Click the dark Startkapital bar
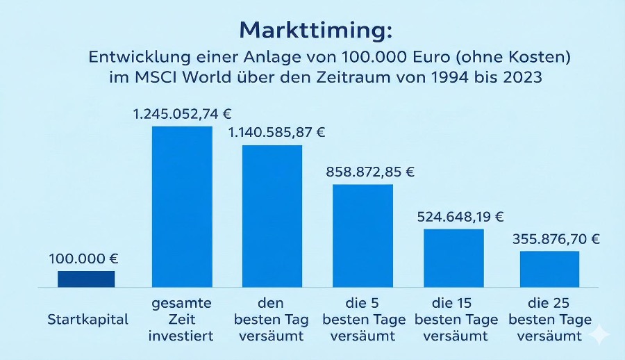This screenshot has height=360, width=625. click(x=86, y=279)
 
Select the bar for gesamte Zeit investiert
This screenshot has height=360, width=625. click(x=182, y=206)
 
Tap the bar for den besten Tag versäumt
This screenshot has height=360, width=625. click(x=272, y=215)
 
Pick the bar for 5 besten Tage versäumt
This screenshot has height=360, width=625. click(x=362, y=236)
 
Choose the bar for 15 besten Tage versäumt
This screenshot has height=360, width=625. click(x=453, y=258)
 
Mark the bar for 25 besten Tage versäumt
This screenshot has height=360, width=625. click(x=549, y=269)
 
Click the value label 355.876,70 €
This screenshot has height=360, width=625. click(x=556, y=239)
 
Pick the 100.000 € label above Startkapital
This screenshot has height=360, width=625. click(x=83, y=259)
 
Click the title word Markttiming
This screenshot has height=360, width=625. click(x=315, y=30)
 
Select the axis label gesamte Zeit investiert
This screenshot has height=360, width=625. click(x=181, y=320)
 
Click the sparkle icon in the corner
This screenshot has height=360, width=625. click(x=599, y=335)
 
